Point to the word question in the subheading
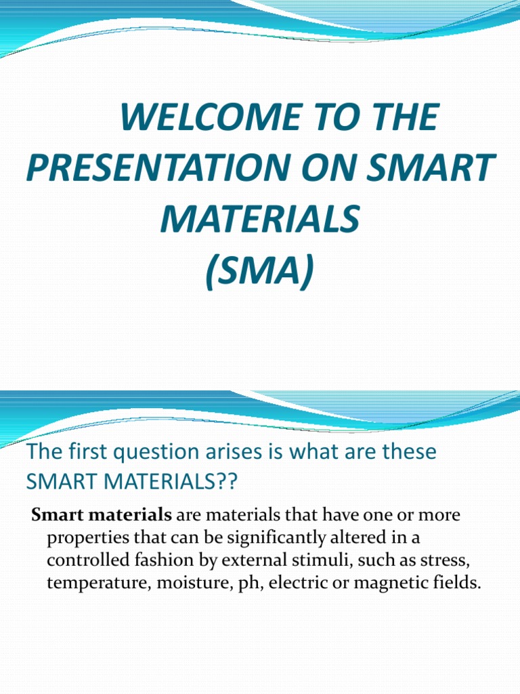(140, 452)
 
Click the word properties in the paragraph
(83, 538)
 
